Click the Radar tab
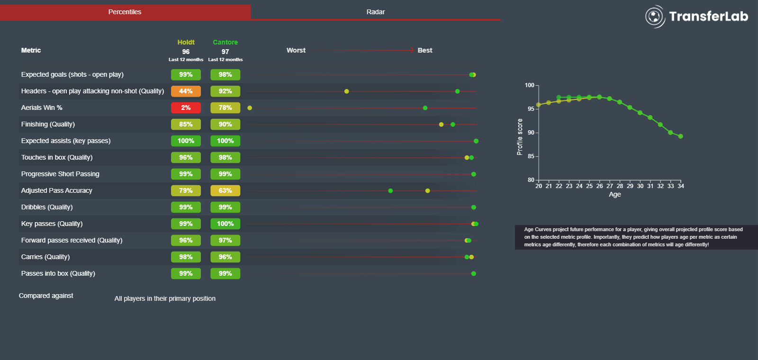coord(375,12)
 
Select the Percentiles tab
coord(125,12)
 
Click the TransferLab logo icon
coord(655,17)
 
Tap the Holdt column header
coord(186,42)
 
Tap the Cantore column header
coord(225,42)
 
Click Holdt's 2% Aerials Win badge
coord(186,108)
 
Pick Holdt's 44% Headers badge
coord(186,91)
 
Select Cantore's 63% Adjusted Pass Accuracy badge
coord(225,191)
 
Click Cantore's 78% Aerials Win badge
coord(225,108)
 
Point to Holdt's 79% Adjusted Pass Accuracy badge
coord(186,191)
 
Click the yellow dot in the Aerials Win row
coord(250,108)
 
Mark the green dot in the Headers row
coord(457,91)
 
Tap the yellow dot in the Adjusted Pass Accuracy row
coord(427,191)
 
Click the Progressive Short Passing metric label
coord(60,174)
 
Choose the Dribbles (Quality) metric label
coord(47,207)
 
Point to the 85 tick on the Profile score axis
coord(531,156)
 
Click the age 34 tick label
coord(681,186)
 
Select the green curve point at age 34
coord(681,136)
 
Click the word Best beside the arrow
coord(424,50)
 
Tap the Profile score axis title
coord(520,137)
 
